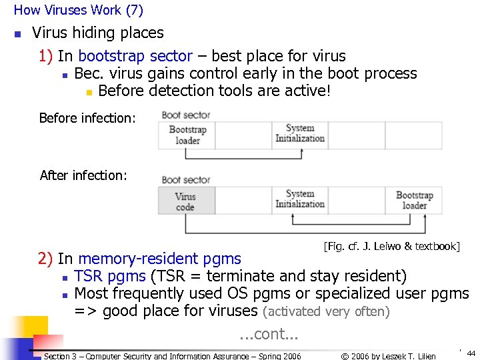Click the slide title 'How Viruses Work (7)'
coord(78,10)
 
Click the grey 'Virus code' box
coord(186,201)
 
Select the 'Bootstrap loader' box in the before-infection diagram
coord(187,135)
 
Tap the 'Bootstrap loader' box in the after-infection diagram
coord(414,201)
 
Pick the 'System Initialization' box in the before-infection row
coord(299,133)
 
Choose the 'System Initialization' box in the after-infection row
coord(299,199)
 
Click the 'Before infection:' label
coord(87,119)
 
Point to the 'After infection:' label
coord(83,176)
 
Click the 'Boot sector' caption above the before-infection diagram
coord(185,115)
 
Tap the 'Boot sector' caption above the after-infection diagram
coord(185,180)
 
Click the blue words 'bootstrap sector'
coord(135,56)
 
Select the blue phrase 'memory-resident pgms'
coord(159,259)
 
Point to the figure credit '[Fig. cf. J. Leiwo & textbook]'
coord(391,247)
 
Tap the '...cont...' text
coord(269,334)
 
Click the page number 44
coord(471,353)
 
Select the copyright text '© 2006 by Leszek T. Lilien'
coord(388,356)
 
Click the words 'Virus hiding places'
coord(97,33)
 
